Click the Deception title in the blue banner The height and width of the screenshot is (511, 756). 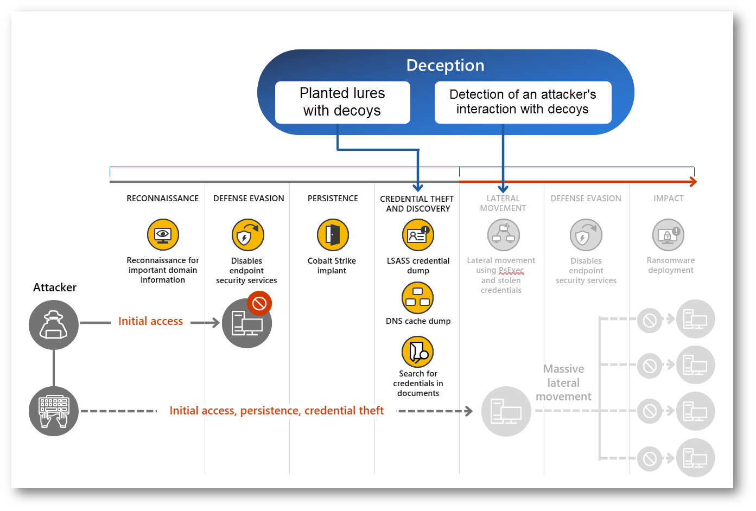[x=445, y=66]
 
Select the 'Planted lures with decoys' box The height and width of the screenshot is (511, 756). [x=342, y=102]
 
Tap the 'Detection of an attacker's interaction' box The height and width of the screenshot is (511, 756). [x=523, y=102]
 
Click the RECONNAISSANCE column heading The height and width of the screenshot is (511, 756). [x=163, y=199]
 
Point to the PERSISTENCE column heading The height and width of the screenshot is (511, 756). [x=333, y=199]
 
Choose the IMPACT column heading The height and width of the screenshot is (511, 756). [x=669, y=199]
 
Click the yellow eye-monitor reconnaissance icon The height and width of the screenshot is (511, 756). [x=163, y=235]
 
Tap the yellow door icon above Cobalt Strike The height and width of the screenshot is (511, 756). [x=333, y=235]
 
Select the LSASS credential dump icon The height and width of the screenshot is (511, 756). [x=418, y=235]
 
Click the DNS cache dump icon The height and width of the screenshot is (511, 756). [x=417, y=298]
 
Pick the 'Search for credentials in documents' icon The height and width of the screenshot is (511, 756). [x=417, y=352]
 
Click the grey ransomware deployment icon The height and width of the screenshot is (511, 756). [x=668, y=235]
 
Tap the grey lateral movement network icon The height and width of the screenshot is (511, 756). [x=503, y=235]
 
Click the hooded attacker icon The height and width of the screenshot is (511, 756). [x=54, y=325]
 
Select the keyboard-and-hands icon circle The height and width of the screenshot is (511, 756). [x=54, y=411]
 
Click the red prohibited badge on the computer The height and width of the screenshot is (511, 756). [x=259, y=303]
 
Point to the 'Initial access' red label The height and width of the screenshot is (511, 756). [x=150, y=321]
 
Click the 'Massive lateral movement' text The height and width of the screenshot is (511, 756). [x=563, y=382]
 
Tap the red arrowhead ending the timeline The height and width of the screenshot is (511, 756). [x=694, y=182]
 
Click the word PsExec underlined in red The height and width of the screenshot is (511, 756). [x=511, y=270]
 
